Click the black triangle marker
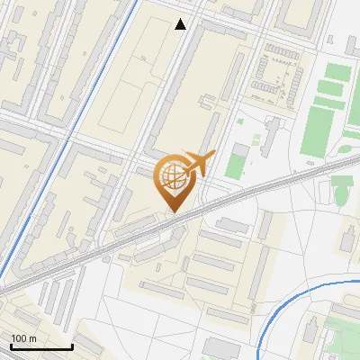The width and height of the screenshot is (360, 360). [x=181, y=24]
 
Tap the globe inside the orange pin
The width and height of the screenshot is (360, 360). [x=171, y=175]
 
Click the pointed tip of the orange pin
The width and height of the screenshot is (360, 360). [x=172, y=212]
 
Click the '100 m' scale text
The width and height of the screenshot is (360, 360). [x=23, y=337]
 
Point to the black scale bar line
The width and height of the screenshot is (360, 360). [x=40, y=346]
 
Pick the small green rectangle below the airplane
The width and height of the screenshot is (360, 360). [x=235, y=165]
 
